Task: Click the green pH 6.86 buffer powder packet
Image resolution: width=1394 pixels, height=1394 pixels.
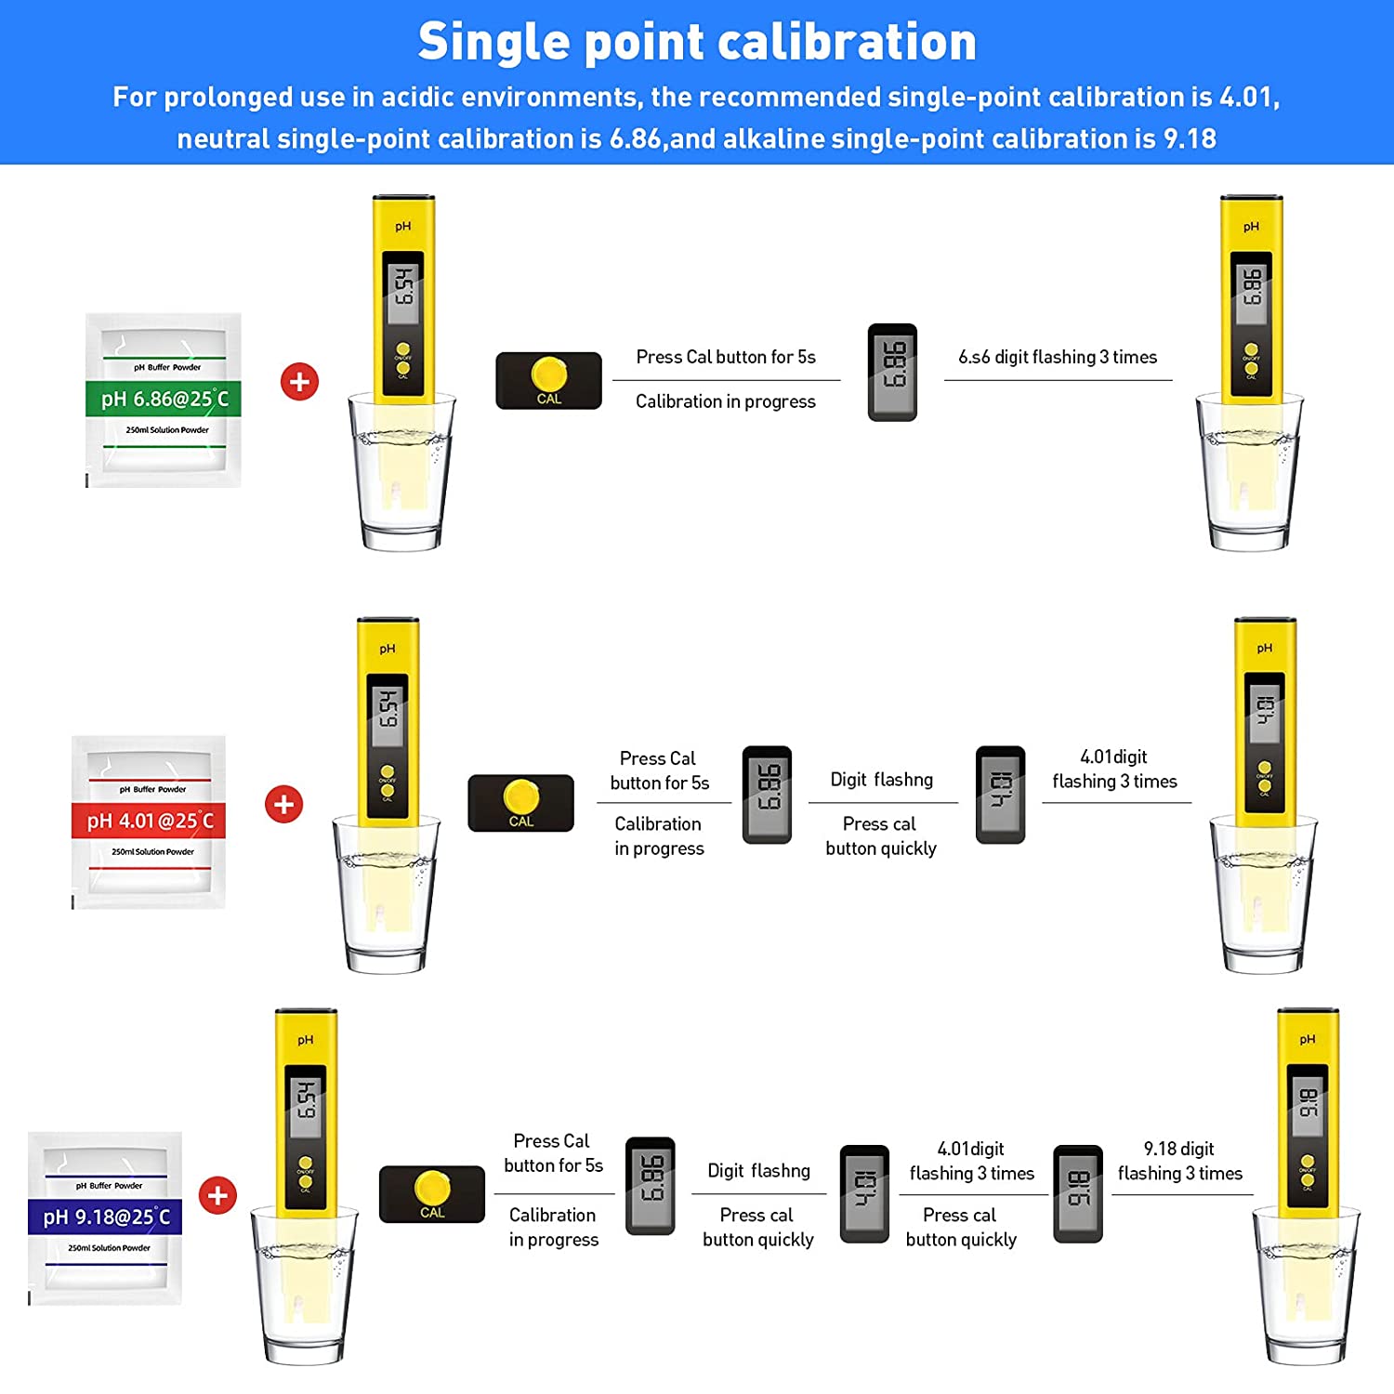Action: pyautogui.click(x=164, y=400)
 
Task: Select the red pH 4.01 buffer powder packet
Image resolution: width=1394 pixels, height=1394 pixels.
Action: pyautogui.click(x=149, y=822)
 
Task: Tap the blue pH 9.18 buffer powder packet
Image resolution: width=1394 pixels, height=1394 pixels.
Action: pyautogui.click(x=105, y=1217)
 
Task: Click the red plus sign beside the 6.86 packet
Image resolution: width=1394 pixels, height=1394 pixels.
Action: pyautogui.click(x=299, y=381)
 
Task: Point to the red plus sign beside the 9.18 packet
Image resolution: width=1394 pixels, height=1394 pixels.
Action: pyautogui.click(x=217, y=1195)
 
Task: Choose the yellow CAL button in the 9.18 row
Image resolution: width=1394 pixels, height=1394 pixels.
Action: pyautogui.click(x=432, y=1189)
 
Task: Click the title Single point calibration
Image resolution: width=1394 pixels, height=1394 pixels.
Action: pyautogui.click(x=697, y=43)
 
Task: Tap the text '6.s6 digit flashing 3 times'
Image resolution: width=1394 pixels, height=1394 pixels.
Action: pyautogui.click(x=1058, y=357)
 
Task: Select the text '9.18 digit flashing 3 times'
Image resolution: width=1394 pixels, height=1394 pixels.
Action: pyautogui.click(x=1179, y=1161)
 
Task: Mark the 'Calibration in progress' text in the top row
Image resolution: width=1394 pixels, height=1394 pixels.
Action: pyautogui.click(x=725, y=401)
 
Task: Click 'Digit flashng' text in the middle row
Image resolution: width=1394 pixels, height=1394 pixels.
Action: pyautogui.click(x=881, y=780)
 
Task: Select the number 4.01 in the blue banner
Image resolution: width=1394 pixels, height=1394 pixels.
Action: pyautogui.click(x=1248, y=97)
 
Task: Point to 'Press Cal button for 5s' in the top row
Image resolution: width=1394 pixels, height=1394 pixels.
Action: pyautogui.click(x=725, y=357)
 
